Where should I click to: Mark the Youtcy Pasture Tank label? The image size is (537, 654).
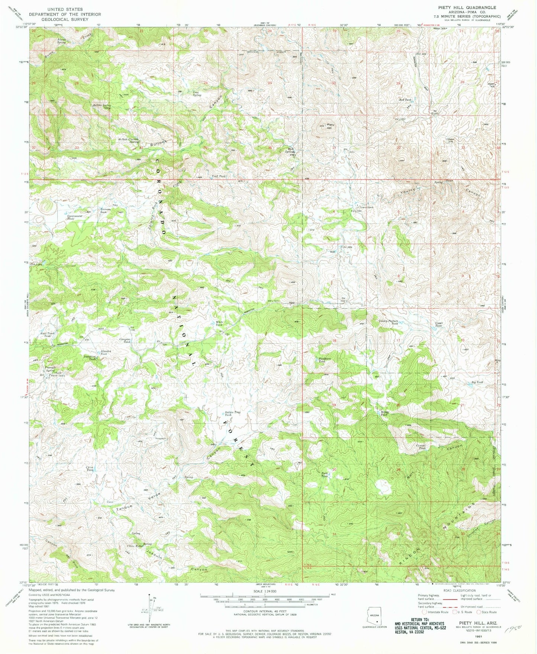388,322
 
